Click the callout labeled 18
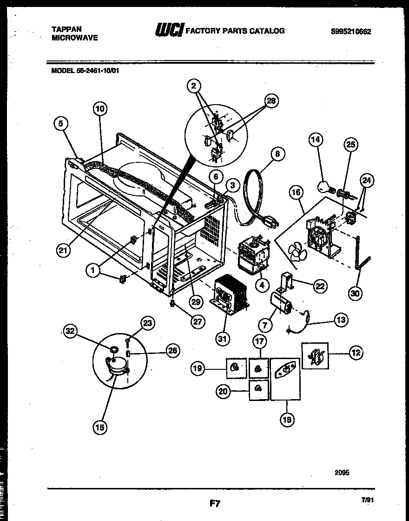(x=287, y=420)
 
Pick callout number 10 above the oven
(x=99, y=109)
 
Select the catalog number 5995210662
(x=350, y=32)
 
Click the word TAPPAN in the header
(x=66, y=29)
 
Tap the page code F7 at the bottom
(x=214, y=503)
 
